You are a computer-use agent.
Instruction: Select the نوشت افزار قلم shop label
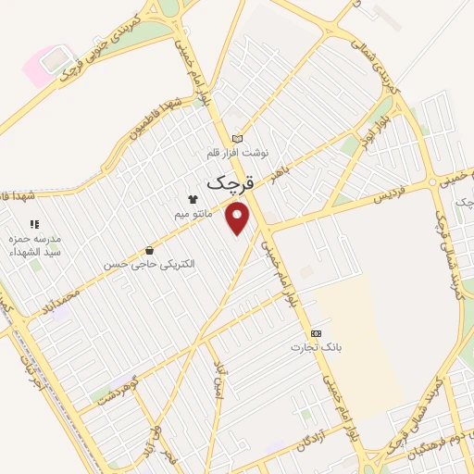coord(236,152)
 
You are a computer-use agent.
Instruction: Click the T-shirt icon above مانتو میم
coord(193,198)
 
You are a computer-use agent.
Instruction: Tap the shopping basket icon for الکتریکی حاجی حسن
coord(149,249)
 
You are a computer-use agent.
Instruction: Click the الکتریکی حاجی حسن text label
coord(149,265)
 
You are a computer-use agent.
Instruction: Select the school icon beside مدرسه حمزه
coord(34,224)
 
